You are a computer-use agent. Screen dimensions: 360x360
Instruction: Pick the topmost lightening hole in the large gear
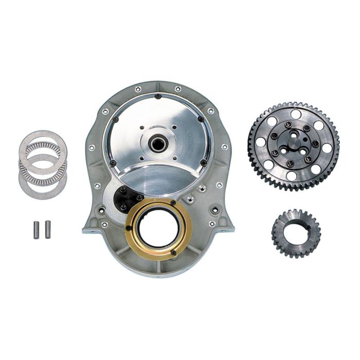tap(296, 114)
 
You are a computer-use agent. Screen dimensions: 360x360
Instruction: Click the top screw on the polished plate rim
tap(158, 96)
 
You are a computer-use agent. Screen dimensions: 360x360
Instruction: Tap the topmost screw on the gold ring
tap(173, 204)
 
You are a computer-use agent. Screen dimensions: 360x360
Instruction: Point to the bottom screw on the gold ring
tap(173, 252)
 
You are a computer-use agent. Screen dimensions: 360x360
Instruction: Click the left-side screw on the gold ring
tap(128, 228)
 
